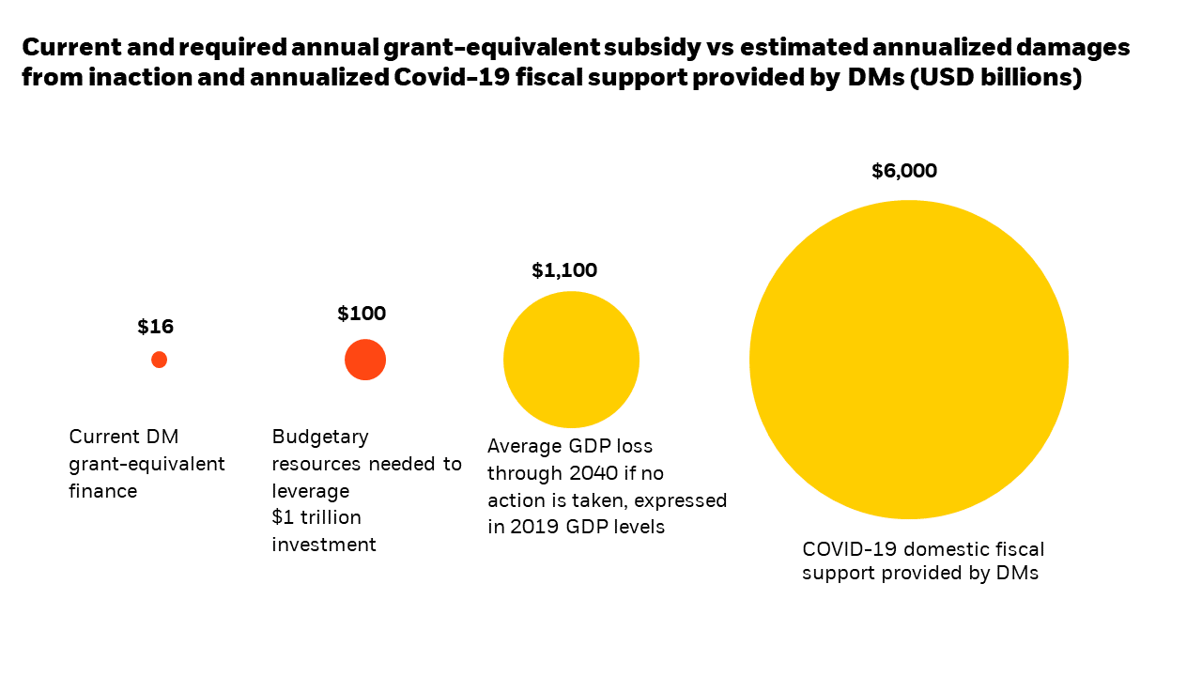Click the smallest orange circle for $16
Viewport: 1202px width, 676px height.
(x=159, y=360)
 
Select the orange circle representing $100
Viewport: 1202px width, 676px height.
(x=365, y=360)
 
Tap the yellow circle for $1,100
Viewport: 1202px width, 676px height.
(x=571, y=360)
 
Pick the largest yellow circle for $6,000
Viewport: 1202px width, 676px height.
(x=908, y=360)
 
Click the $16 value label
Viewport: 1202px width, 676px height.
(x=155, y=327)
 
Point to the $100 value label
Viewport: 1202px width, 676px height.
(x=362, y=314)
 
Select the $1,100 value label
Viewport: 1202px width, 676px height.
(x=563, y=270)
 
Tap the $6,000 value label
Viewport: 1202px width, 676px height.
(x=903, y=171)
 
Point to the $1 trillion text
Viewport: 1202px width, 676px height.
(x=316, y=517)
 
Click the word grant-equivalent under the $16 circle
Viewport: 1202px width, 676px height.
(x=146, y=464)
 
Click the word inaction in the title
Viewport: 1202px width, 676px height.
(x=148, y=77)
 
